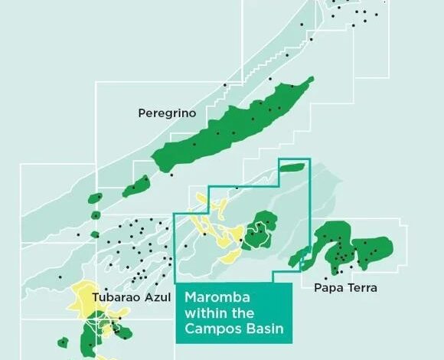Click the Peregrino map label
point(167,113)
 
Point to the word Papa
point(328,288)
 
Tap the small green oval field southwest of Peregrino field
point(135,185)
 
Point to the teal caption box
point(233,313)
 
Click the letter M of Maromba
point(188,297)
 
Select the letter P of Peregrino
point(142,113)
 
